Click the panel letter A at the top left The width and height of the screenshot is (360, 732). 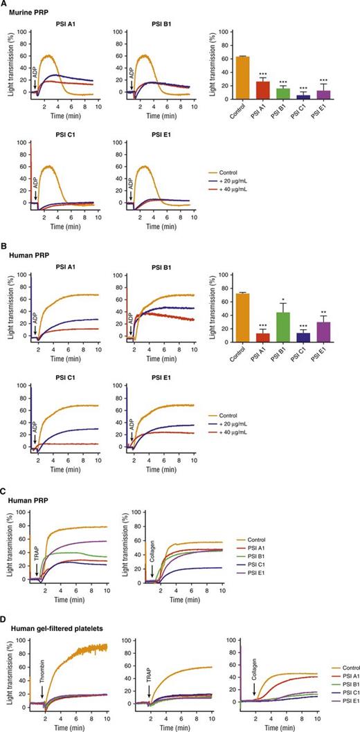6,6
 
